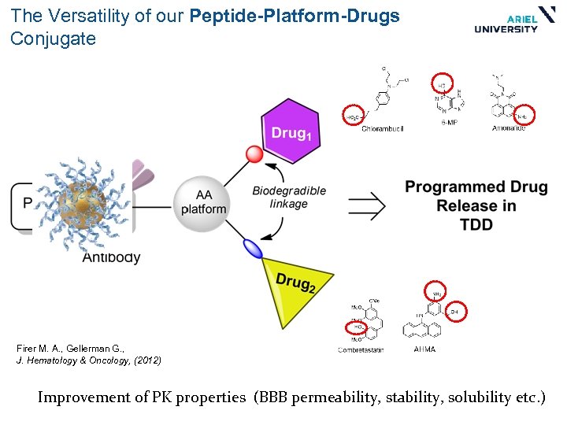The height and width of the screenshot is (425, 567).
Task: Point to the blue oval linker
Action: pos(253,249)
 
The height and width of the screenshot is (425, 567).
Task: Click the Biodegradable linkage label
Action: pos(288,198)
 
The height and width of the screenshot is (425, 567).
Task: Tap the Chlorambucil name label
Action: pos(382,128)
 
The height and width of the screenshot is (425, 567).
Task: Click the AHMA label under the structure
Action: pos(423,349)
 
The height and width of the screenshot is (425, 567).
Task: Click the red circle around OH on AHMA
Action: pos(454,312)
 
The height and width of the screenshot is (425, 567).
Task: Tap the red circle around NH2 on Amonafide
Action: pos(523,115)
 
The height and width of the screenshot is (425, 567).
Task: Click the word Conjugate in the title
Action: pos(53,39)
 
